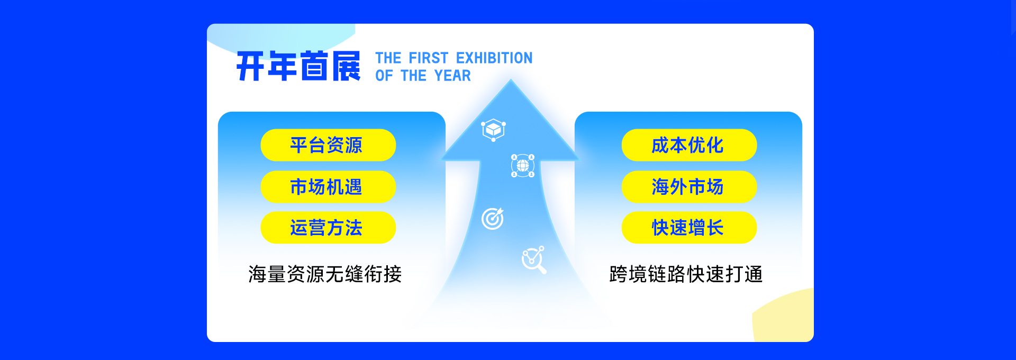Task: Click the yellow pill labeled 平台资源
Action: (x=328, y=145)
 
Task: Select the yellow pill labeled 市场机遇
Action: (x=328, y=186)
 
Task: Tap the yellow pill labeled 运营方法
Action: (x=328, y=228)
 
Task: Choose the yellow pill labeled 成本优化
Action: (x=689, y=145)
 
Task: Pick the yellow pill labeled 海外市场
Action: (x=689, y=186)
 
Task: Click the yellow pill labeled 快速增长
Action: (x=689, y=228)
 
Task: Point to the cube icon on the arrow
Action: (x=493, y=130)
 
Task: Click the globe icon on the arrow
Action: (x=523, y=166)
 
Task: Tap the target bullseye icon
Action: (x=493, y=219)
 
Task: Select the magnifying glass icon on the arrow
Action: (x=533, y=260)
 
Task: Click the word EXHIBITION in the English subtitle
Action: (x=494, y=58)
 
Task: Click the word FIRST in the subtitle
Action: (x=429, y=58)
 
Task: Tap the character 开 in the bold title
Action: (x=251, y=66)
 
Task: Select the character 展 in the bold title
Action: (x=347, y=66)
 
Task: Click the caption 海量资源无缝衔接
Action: (x=325, y=274)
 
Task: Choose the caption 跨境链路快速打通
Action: (x=686, y=274)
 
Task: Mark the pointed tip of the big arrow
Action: (x=511, y=79)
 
